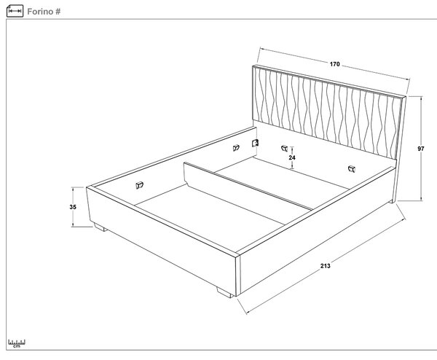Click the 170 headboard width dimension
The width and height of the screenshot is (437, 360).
pos(334,64)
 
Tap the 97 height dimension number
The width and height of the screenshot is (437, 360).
pos(421,149)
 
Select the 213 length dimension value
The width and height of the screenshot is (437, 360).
pos(326,266)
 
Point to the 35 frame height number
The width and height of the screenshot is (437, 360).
pos(73,207)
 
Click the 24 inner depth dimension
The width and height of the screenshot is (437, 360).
pos(292,157)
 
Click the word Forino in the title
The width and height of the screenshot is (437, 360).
pos(40,12)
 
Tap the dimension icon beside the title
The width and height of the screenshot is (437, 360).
pos(15,11)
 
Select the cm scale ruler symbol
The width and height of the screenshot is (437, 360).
pos(17,343)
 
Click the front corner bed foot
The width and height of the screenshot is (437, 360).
pos(225,292)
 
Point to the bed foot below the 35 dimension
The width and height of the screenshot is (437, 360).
pos(100,227)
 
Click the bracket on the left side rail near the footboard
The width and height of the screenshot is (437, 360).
pos(139,185)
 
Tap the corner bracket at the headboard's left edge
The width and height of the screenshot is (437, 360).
pos(255,143)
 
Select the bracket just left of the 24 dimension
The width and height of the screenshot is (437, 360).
pos(284,148)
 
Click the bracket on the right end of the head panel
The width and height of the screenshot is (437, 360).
pos(352,169)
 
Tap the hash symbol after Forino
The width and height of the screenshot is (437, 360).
pos(58,12)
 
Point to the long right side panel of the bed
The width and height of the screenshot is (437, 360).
pos(316,230)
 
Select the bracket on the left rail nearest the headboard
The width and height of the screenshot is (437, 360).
pos(236,148)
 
